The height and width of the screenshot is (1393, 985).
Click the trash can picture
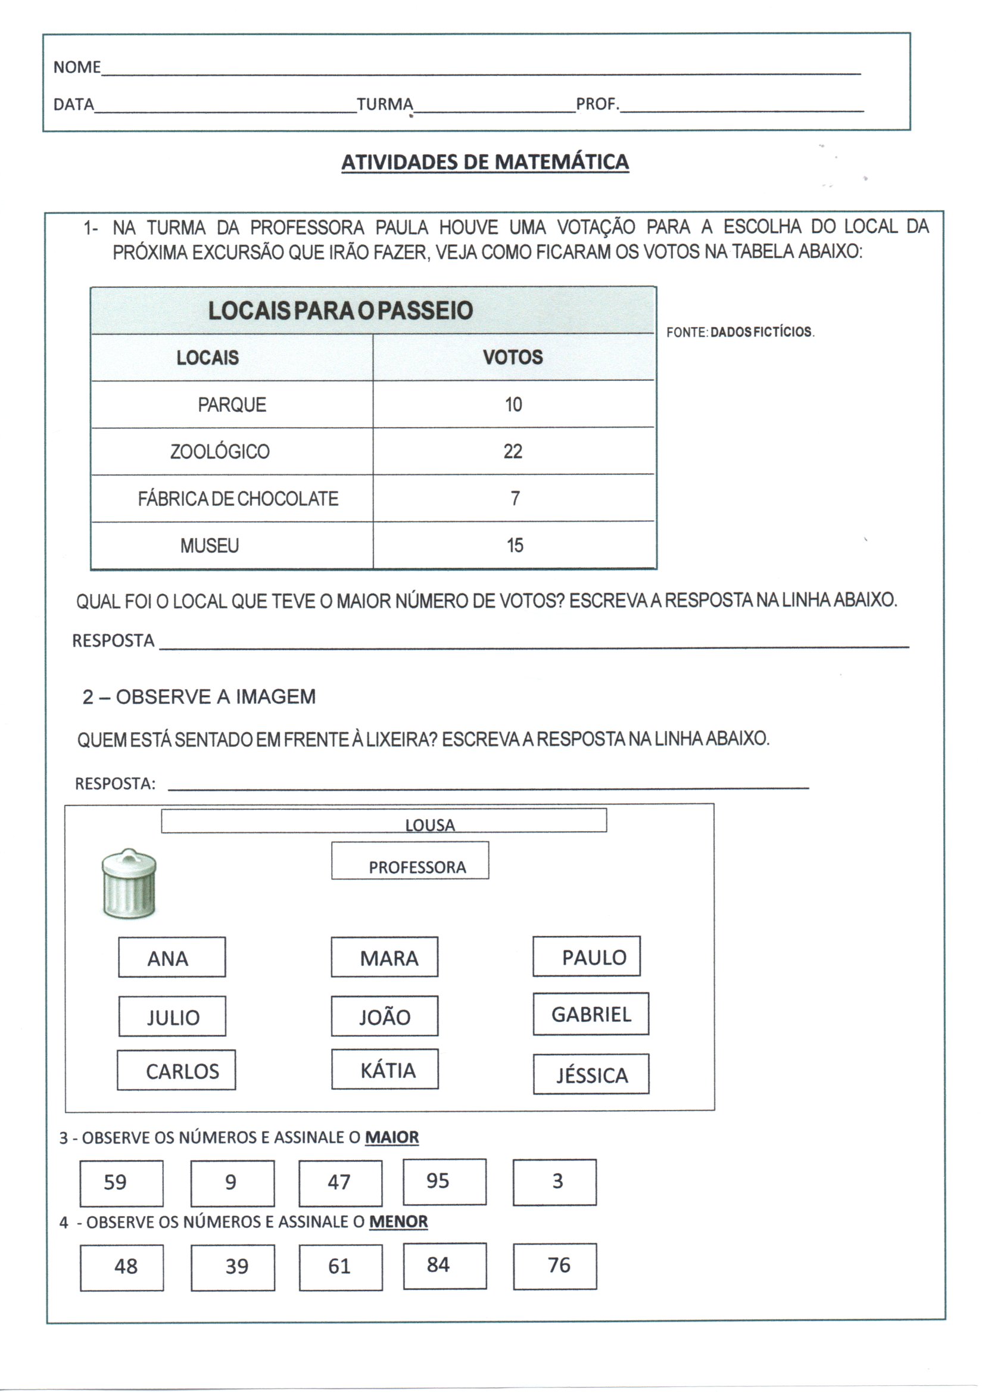[129, 884]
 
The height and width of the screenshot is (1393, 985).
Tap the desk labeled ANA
[172, 957]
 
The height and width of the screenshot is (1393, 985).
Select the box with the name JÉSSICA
[591, 1074]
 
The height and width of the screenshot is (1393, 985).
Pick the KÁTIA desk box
[385, 1069]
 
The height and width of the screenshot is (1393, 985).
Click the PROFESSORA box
[410, 860]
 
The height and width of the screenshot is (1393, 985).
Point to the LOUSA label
[430, 825]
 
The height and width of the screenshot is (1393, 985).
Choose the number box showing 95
[445, 1181]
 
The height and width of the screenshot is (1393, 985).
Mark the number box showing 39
[232, 1267]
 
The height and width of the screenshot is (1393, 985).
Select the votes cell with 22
[513, 452]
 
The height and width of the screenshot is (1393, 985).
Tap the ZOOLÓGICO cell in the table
[220, 452]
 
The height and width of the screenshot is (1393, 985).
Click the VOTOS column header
[513, 357]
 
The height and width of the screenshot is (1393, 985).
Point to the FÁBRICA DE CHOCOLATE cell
[238, 499]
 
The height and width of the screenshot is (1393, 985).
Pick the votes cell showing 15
[515, 545]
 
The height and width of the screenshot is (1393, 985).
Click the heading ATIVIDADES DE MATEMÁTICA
[485, 162]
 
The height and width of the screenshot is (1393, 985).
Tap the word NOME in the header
[76, 67]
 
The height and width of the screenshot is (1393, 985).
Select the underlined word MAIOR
[392, 1137]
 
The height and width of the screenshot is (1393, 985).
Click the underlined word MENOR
[398, 1221]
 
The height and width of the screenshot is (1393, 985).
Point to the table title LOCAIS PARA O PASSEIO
[340, 310]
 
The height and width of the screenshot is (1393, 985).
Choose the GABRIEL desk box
[591, 1014]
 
